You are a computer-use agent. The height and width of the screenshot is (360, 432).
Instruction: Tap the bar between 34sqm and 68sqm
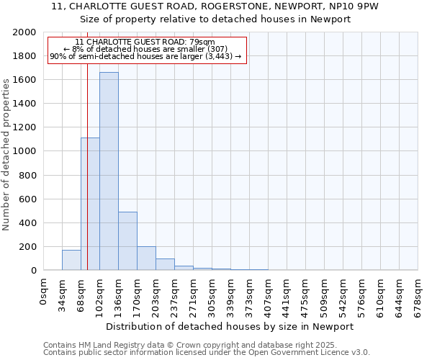pyautogui.click(x=71, y=260)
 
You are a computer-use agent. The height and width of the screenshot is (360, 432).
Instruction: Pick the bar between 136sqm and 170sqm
pyautogui.click(x=127, y=241)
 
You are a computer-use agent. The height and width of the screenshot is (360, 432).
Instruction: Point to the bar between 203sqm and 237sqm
pyautogui.click(x=165, y=264)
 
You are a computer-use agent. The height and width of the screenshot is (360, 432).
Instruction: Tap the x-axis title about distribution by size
pyautogui.click(x=230, y=326)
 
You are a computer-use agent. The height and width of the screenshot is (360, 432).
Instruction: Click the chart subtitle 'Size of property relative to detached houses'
pyautogui.click(x=215, y=19)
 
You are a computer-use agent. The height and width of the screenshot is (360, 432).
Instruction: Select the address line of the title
pyautogui.click(x=215, y=6)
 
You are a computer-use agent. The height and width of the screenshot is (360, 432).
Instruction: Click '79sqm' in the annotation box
pyautogui.click(x=200, y=42)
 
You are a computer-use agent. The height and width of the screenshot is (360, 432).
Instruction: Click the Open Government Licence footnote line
pyautogui.click(x=207, y=353)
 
